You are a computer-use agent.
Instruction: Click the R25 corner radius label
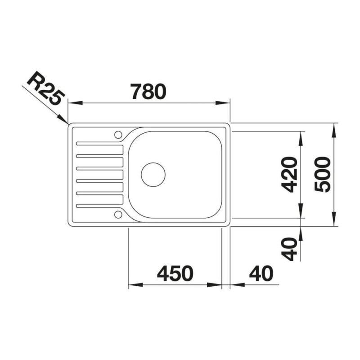tap(46, 88)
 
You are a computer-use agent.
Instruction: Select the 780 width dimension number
tap(148, 91)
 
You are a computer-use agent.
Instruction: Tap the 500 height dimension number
tap(322, 174)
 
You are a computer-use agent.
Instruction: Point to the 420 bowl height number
tap(289, 175)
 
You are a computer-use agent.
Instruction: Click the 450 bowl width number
tap(175, 274)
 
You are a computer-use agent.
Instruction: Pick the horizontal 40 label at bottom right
tap(261, 274)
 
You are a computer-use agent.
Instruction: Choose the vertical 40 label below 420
tap(289, 249)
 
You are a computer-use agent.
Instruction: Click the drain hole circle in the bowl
tap(153, 175)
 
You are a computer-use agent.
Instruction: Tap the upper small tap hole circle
tap(118, 135)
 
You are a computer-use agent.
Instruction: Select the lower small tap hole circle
tap(118, 215)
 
